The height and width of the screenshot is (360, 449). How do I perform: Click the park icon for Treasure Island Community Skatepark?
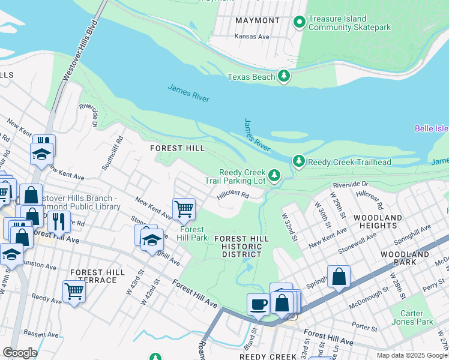coord(299,23)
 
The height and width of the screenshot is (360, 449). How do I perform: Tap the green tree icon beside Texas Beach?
coord(284,76)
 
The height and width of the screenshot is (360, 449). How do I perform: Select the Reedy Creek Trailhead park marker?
coord(298,161)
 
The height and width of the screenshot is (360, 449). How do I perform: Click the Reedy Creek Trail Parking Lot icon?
coord(274,175)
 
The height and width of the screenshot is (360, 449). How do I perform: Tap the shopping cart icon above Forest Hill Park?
coord(184,209)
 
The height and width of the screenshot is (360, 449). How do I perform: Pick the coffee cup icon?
coord(258,304)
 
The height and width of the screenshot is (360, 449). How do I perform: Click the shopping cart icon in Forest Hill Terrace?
coord(74,292)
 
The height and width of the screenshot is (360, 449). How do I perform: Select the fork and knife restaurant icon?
coord(59,221)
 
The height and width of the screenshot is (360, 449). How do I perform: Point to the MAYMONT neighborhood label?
coord(258,20)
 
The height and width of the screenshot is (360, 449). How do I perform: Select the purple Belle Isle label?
coord(431,128)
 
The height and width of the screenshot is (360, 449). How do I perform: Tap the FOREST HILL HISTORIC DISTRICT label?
coord(241,246)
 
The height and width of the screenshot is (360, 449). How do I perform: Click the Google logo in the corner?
coord(20,353)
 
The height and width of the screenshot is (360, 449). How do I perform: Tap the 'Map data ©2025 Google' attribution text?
coord(412,355)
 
